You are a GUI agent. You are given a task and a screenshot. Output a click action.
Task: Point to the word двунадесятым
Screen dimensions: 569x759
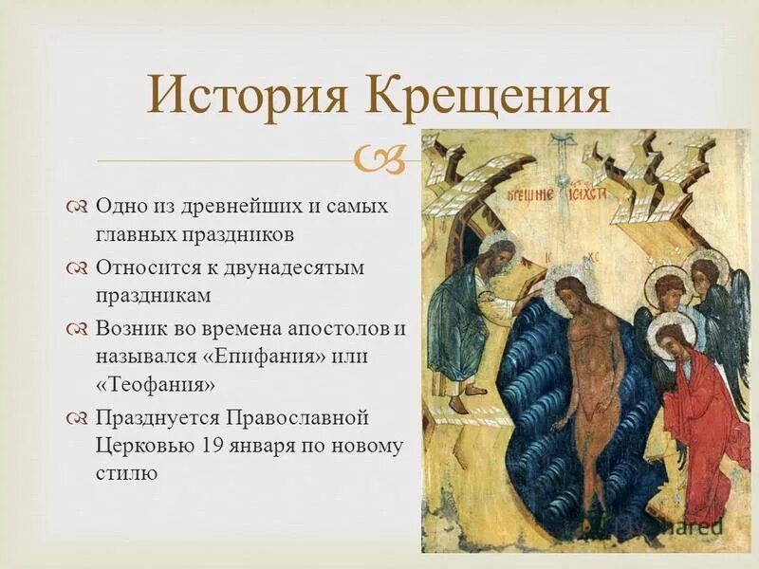click(301, 267)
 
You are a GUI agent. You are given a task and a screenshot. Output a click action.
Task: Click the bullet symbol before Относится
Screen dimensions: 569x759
click(77, 268)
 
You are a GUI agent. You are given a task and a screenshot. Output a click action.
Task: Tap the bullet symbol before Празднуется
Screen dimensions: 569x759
click(77, 418)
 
